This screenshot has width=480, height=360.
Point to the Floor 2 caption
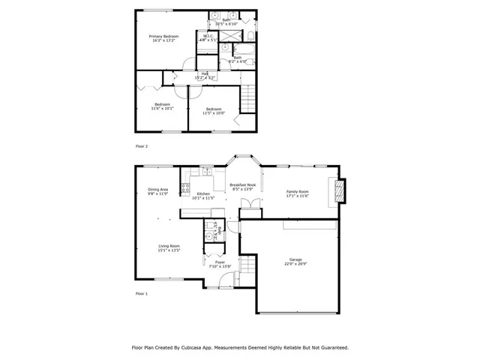pyautogui.click(x=142, y=146)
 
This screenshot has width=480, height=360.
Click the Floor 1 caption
pyautogui.click(x=142, y=293)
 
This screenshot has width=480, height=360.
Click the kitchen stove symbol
pyautogui.click(x=185, y=188)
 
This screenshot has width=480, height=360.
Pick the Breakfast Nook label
pyautogui.click(x=244, y=184)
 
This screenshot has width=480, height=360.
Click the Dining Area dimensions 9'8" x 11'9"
pyautogui.click(x=158, y=193)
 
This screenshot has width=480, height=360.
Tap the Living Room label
pyautogui.click(x=169, y=246)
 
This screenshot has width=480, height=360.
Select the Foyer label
pyautogui.click(x=220, y=262)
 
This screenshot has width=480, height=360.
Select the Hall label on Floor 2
pyautogui.click(x=204, y=73)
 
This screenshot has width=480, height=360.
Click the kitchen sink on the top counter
pyautogui.click(x=203, y=172)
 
